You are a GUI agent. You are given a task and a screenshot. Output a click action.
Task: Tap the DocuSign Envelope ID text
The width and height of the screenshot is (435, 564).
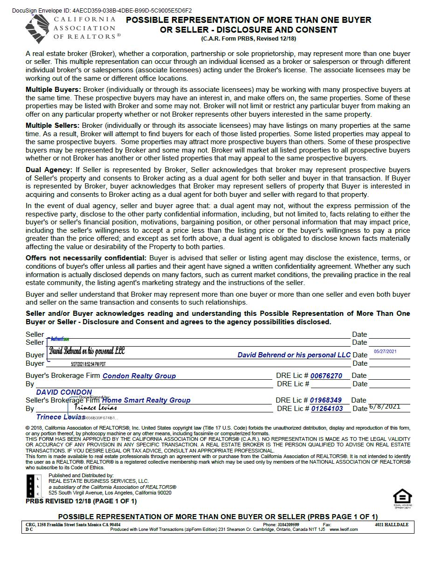[102, 10]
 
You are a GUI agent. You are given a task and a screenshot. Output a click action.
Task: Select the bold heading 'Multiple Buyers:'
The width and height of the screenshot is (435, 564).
[53, 90]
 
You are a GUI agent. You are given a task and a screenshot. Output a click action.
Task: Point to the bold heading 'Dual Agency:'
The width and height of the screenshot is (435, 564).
[48, 170]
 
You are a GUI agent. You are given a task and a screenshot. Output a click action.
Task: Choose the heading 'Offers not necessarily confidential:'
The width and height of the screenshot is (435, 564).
[86, 258]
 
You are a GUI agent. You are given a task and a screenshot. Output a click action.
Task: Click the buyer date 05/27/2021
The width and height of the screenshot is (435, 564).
[385, 352]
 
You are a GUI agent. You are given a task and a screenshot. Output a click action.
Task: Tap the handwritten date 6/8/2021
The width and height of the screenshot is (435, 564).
[385, 406]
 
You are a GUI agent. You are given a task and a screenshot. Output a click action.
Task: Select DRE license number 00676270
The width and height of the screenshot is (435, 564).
[326, 376]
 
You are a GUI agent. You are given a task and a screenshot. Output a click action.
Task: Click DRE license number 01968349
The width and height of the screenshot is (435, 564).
[326, 400]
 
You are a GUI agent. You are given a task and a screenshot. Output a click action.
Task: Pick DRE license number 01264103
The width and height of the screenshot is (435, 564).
[327, 409]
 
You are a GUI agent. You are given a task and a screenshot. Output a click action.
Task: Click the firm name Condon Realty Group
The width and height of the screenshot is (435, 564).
[139, 376]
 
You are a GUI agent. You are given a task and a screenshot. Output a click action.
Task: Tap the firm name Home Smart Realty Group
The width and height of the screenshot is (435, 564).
[146, 400]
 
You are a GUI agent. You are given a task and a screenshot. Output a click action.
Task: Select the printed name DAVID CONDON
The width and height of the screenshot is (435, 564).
[64, 392]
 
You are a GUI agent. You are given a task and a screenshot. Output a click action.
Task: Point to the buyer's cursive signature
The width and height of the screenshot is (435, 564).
[87, 351]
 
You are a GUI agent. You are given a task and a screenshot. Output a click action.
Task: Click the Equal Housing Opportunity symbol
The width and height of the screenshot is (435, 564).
[402, 497]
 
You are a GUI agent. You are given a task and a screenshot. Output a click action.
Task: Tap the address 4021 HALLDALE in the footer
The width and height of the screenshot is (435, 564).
[391, 525]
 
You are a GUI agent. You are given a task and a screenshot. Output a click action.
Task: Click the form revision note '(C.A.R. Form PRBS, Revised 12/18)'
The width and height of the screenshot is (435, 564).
[249, 39]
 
